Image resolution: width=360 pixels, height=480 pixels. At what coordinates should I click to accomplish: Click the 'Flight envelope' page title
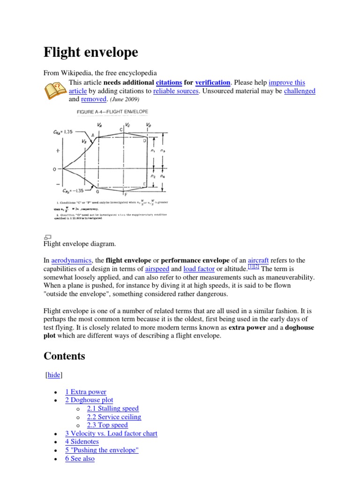click(91, 52)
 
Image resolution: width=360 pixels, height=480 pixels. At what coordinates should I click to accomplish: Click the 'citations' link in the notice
click(168, 82)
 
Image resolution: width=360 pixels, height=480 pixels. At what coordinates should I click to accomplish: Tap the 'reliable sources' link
click(176, 91)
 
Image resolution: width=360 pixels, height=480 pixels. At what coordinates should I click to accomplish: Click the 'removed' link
click(94, 99)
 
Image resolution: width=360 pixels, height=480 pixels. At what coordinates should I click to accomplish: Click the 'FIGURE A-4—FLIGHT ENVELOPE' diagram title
click(112, 112)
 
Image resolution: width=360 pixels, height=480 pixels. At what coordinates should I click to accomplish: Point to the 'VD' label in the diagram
click(148, 126)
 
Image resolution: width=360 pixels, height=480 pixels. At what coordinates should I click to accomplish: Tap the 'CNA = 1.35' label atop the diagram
click(63, 132)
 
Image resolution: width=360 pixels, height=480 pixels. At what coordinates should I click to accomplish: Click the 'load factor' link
click(199, 269)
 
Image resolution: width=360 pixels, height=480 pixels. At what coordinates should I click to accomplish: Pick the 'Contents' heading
click(64, 356)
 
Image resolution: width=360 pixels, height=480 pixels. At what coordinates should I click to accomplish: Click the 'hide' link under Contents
click(53, 375)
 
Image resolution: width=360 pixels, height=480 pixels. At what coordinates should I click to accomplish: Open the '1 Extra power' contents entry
click(86, 391)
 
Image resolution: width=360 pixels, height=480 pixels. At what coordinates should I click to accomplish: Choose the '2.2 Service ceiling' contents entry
click(114, 417)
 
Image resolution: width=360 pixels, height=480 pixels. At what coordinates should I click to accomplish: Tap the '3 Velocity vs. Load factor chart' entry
click(111, 434)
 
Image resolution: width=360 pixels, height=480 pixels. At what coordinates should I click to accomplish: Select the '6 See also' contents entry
click(80, 459)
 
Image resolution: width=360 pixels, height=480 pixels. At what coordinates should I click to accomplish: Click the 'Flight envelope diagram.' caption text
click(79, 244)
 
